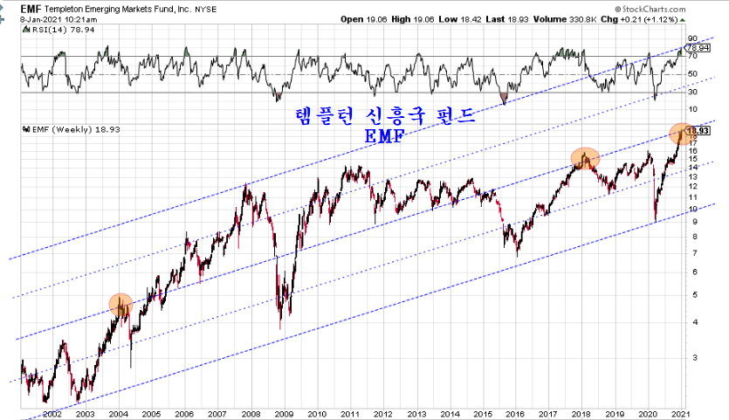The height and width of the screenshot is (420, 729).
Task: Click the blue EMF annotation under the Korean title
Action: tap(382, 138)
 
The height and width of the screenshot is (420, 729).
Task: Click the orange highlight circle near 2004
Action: tap(120, 304)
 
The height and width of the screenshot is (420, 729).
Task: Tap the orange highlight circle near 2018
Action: tap(584, 158)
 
